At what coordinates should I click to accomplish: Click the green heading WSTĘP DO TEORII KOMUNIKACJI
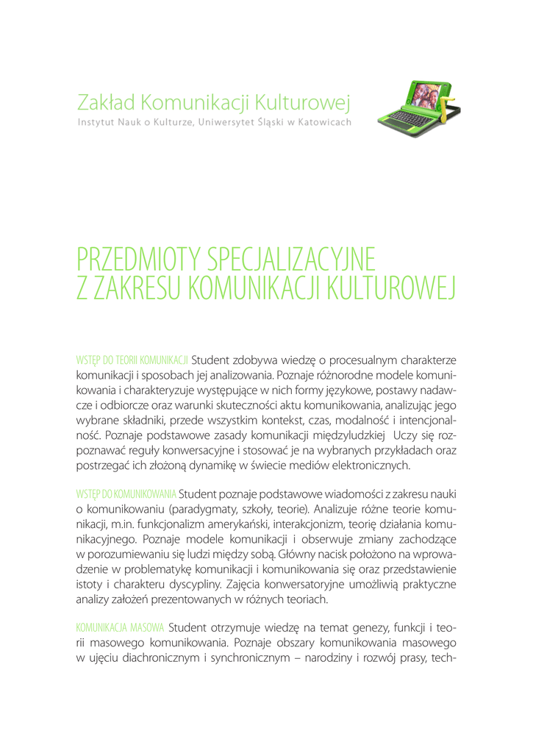coord(132,360)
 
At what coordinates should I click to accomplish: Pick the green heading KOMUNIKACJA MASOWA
coord(120,628)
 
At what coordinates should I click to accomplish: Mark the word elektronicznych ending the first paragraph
coord(372,466)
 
